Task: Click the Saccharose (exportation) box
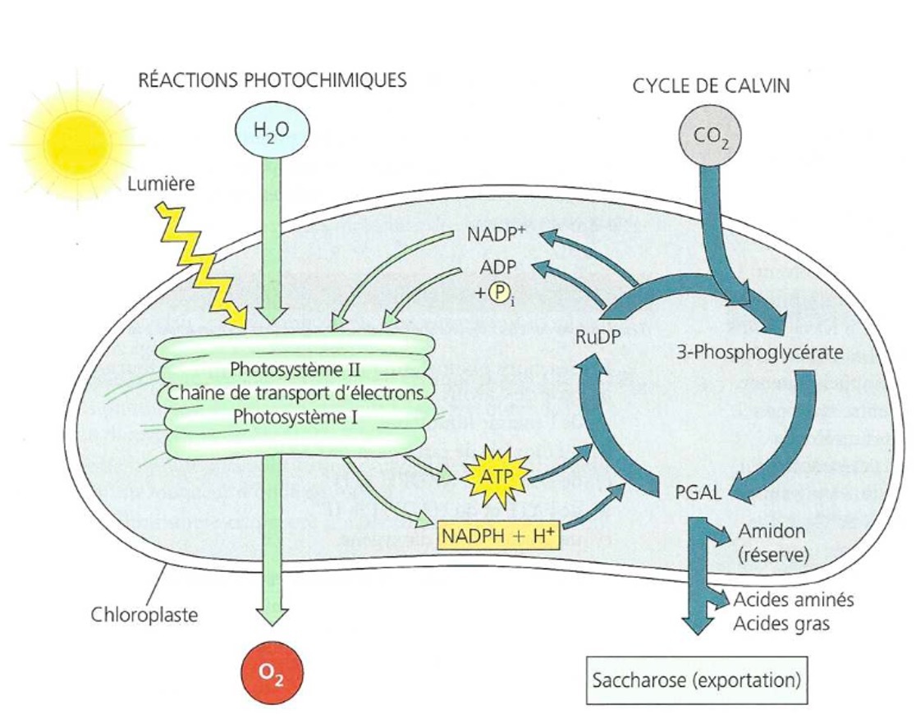point(694,680)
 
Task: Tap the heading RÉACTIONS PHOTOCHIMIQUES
point(272,80)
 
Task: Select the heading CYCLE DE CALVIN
point(711,86)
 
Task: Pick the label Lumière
point(162,184)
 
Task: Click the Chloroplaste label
point(144,613)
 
